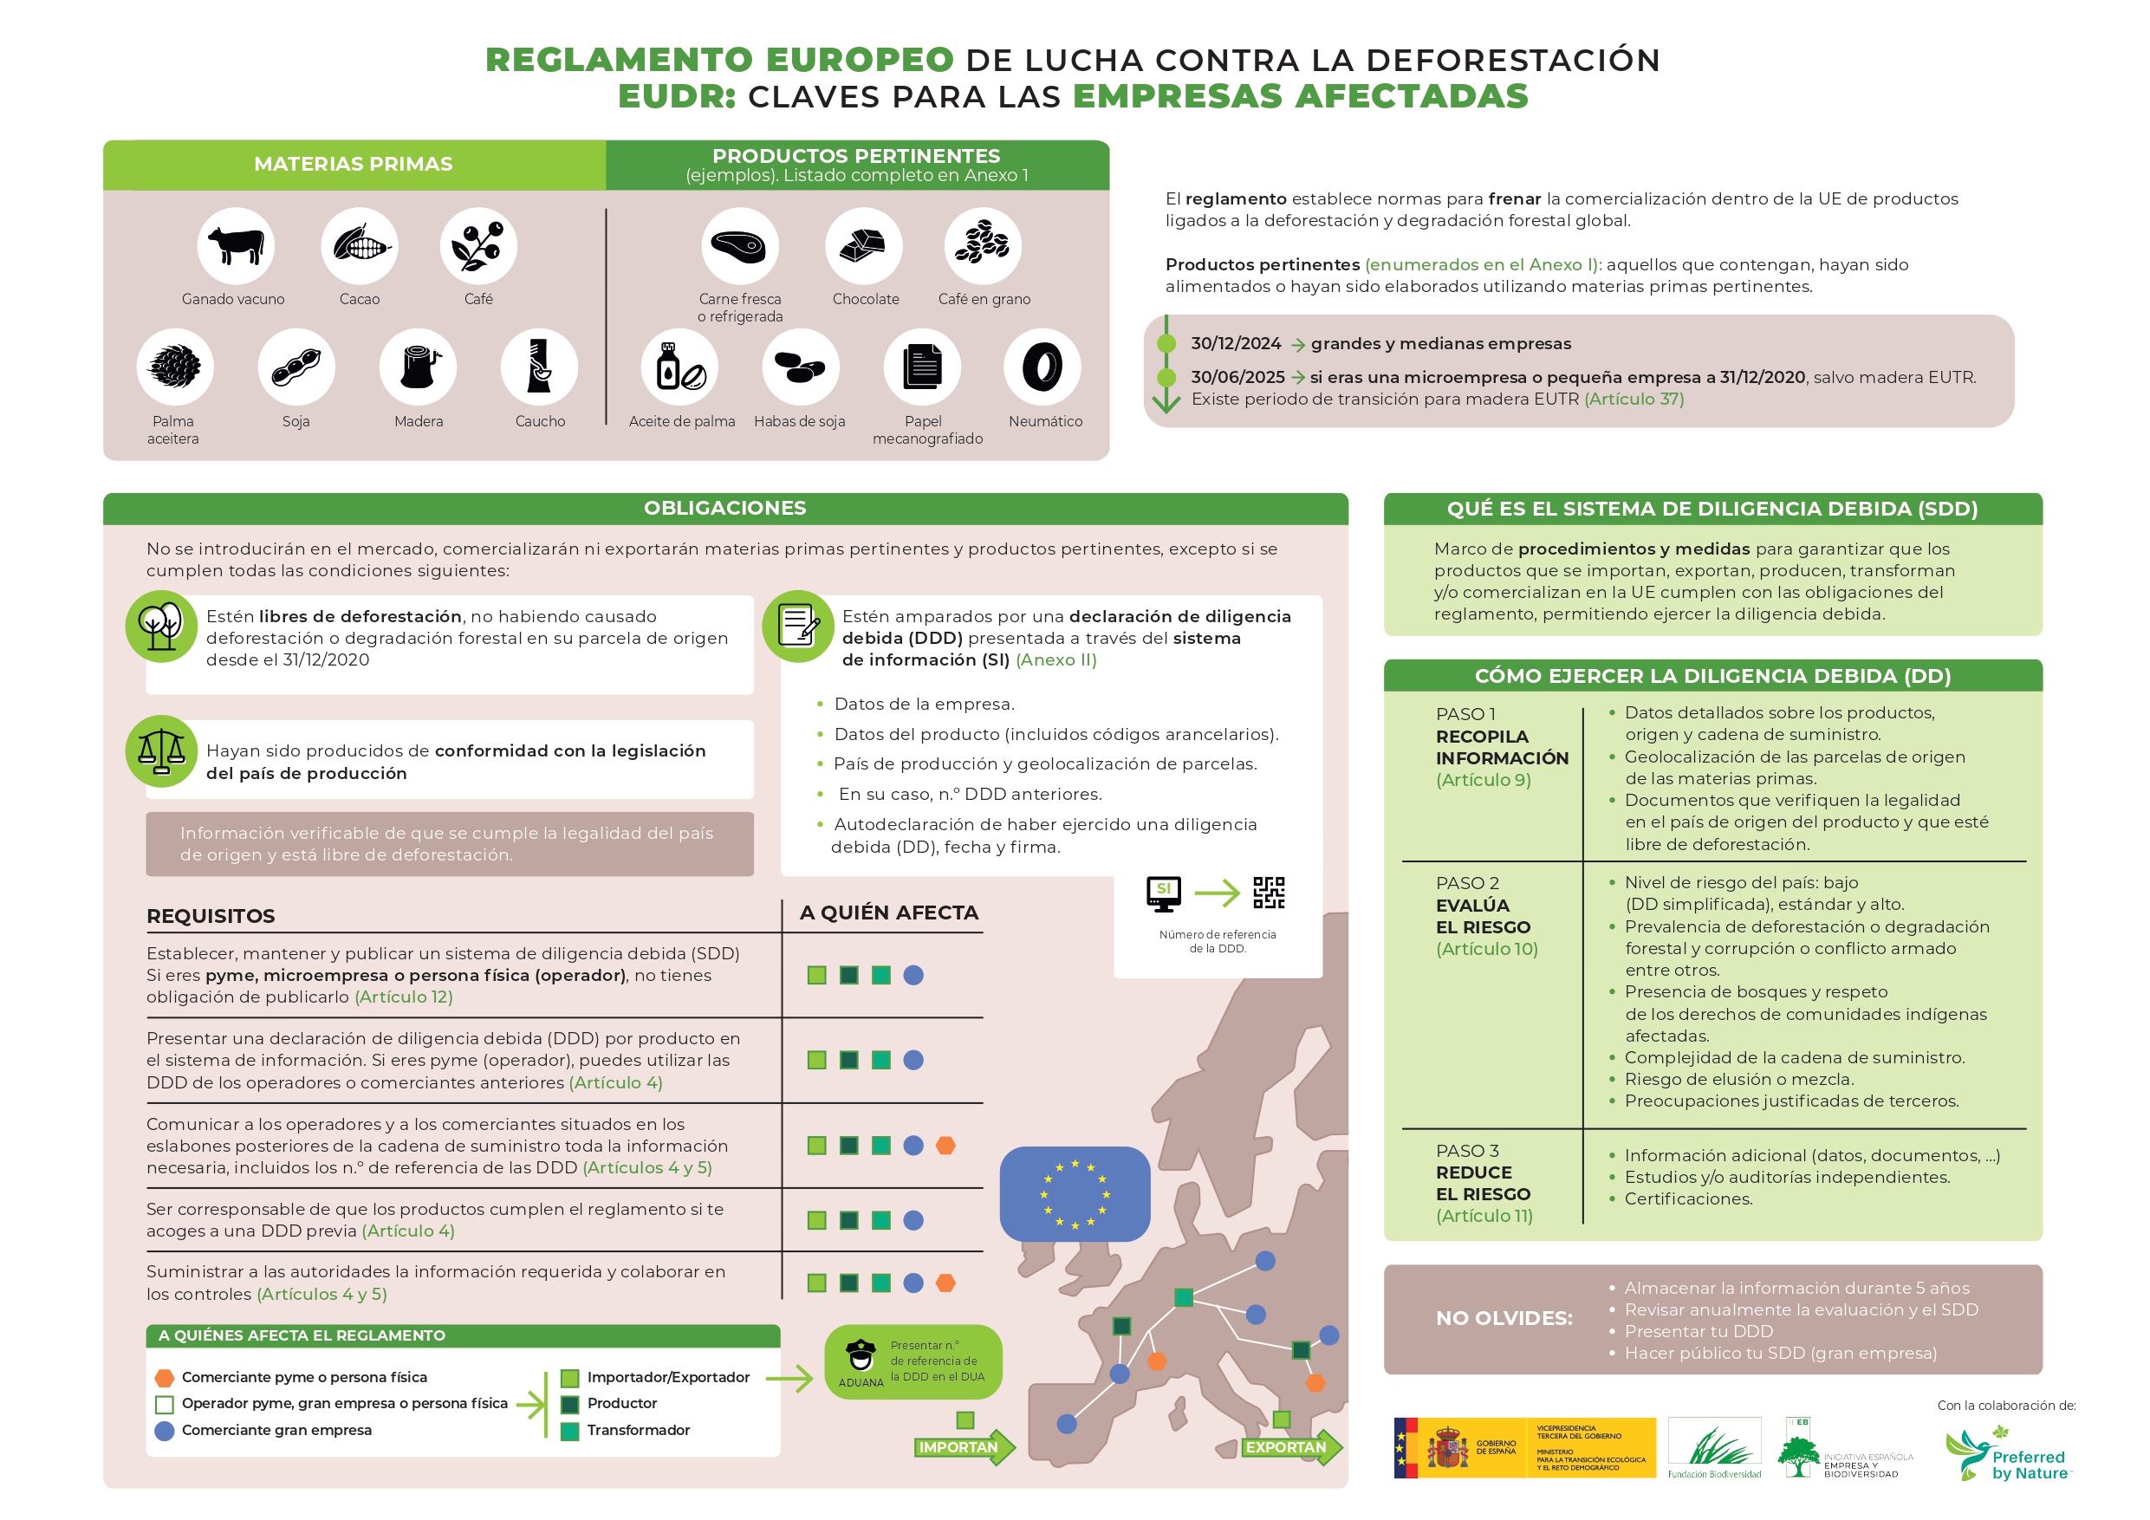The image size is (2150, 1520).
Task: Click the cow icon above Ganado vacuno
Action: [x=235, y=245]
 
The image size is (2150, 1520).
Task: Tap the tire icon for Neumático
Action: [x=1042, y=367]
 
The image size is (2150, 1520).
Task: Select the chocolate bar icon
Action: [x=862, y=245]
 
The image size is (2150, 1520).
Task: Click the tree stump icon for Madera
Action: [x=418, y=367]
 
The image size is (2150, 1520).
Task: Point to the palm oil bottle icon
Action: [x=679, y=367]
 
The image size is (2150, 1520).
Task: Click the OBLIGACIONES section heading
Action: [x=724, y=509]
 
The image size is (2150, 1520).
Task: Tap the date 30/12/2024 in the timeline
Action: [x=1235, y=344]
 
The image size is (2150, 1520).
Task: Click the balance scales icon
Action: [x=161, y=751]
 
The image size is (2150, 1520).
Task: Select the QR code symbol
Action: [x=1269, y=893]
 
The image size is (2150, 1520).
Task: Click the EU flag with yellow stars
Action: [x=1074, y=1194]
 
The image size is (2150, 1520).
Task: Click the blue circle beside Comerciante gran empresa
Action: [x=164, y=1430]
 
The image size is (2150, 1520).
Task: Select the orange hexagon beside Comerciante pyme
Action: [x=164, y=1378]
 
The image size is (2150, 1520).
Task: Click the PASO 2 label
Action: [x=1467, y=883]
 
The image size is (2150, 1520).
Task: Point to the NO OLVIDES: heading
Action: [x=1504, y=1319]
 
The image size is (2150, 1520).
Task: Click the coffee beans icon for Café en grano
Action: [x=983, y=245]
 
